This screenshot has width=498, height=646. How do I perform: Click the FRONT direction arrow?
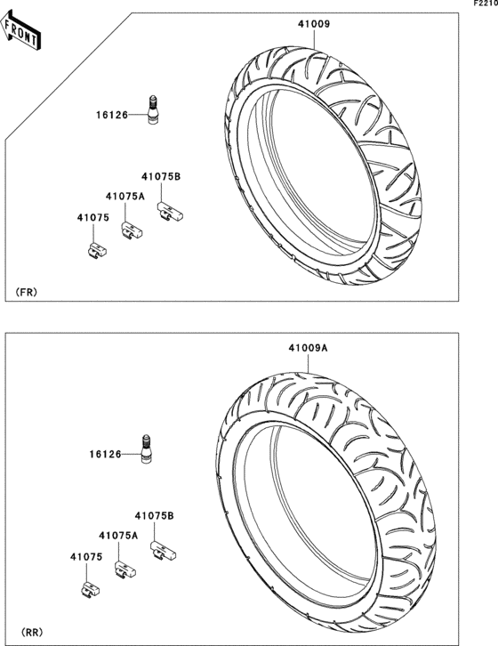[20, 30]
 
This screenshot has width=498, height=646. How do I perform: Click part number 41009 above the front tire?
[314, 24]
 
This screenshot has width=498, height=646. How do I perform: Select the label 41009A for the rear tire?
[308, 348]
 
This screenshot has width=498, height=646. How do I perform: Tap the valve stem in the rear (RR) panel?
[146, 448]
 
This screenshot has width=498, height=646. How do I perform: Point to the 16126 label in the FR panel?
[112, 115]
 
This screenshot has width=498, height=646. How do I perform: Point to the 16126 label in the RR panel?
[106, 454]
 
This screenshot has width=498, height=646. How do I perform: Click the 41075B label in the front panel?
[161, 176]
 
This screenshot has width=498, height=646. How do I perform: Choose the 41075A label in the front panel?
[125, 197]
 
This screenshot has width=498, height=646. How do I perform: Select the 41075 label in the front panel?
[93, 217]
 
